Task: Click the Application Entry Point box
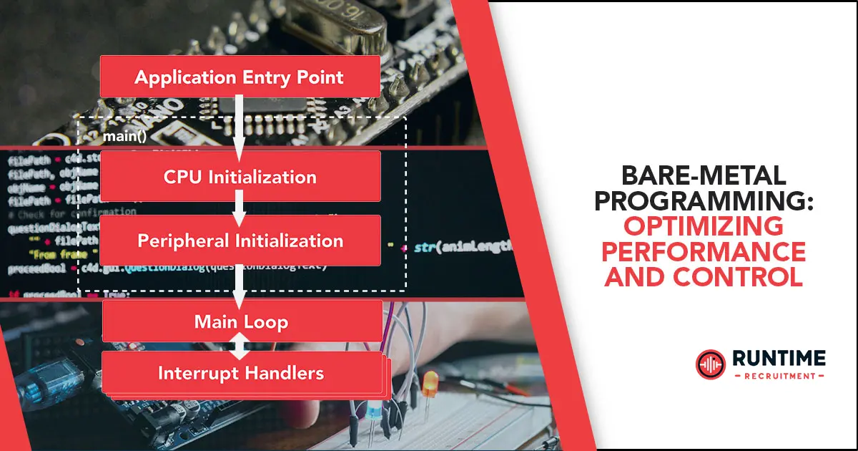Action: coord(240,77)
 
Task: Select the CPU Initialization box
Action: coord(240,176)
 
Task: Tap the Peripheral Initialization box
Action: coord(240,241)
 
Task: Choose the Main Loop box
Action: coord(242,321)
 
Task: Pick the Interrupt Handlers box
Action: coord(241,372)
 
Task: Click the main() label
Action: coord(124,136)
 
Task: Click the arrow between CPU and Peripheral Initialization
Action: coord(240,208)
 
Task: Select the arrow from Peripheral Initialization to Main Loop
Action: coord(240,282)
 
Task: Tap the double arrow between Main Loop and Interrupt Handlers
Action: coord(241,346)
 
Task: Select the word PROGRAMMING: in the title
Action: coord(704,202)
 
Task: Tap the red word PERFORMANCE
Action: coord(704,252)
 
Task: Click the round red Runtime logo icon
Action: coord(711,364)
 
